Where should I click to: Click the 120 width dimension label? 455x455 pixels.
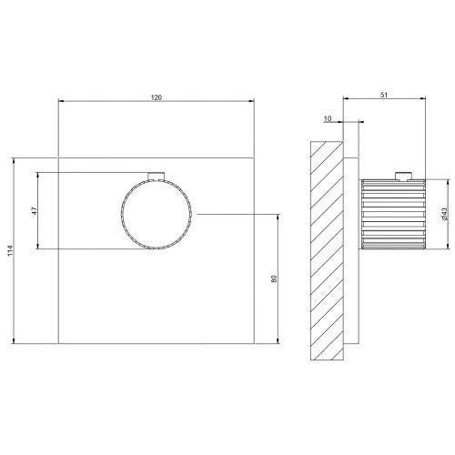click(x=157, y=97)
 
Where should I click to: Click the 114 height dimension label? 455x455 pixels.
click(x=10, y=250)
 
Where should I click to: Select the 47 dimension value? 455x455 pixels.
click(x=35, y=211)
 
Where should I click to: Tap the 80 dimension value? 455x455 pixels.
click(x=274, y=278)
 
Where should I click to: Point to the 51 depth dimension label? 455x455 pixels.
click(x=384, y=95)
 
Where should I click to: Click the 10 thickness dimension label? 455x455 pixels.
click(x=328, y=118)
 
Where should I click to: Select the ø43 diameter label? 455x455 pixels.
click(x=445, y=214)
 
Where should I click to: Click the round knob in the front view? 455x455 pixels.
click(x=157, y=214)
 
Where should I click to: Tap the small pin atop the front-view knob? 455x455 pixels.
click(x=157, y=176)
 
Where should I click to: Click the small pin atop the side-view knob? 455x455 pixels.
click(x=404, y=176)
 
